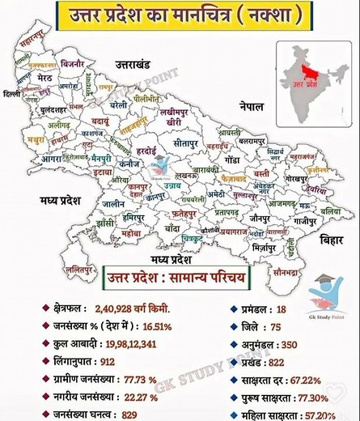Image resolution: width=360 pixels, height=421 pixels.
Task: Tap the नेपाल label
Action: tap(242, 107)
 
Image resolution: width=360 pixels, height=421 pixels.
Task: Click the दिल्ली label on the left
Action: tap(11, 95)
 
